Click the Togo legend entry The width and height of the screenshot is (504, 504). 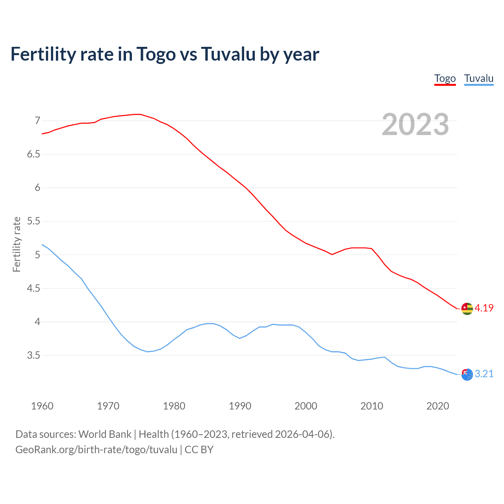coord(445,78)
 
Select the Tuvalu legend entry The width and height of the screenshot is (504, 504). coord(478,78)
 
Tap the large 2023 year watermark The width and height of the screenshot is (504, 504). coord(415,124)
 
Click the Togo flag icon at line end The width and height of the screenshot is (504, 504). coord(467,309)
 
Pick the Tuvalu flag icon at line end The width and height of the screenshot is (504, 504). coord(467,374)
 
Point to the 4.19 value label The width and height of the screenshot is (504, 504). coord(484,308)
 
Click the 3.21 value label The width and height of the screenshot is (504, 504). coord(484,374)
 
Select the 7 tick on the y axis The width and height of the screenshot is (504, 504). coord(37,120)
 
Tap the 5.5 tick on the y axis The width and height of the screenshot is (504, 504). coord(33,221)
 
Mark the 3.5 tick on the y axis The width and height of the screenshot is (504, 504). coord(33,356)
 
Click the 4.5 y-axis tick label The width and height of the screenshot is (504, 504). coord(33,289)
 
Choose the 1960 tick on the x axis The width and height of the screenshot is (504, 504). coord(42,406)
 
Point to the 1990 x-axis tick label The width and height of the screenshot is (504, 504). coord(240,406)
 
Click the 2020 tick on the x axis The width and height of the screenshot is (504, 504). coord(437,406)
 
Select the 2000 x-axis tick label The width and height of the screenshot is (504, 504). coord(306,406)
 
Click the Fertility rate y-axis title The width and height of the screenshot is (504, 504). coord(17,244)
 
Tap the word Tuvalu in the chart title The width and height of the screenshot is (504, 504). coord(228,54)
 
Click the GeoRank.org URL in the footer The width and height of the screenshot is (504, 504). coord(96,449)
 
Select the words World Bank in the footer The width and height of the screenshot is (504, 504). coord(105,434)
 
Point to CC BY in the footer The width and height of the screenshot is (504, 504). coord(199,449)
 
